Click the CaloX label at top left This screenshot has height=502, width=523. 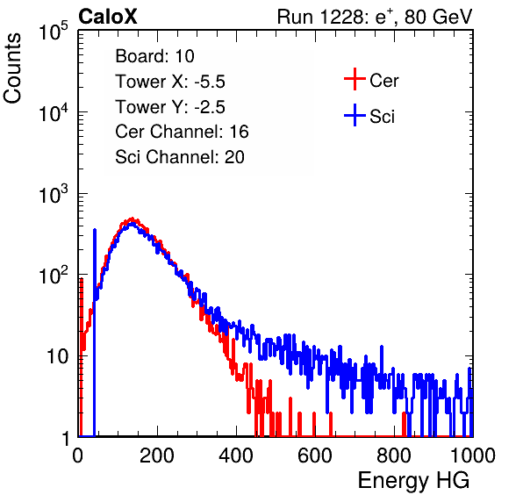[x=108, y=17]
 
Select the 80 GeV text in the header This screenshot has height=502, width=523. [x=438, y=17]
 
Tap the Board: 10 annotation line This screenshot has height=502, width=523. [x=154, y=56]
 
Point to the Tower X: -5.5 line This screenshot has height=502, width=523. [x=170, y=82]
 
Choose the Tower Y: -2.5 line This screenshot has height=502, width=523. [x=170, y=107]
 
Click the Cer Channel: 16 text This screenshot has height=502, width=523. [x=182, y=132]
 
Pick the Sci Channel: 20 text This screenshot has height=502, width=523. [x=180, y=157]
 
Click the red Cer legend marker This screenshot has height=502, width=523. [x=355, y=79]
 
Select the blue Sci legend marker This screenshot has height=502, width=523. [x=355, y=115]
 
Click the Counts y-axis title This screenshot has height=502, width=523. [x=12, y=68]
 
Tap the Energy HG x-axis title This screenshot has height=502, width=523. [x=413, y=481]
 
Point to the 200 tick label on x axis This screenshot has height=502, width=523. [x=157, y=455]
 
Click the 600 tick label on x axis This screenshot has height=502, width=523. [x=315, y=455]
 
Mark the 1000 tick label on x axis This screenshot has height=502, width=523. [x=473, y=455]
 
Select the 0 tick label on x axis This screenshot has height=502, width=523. [x=78, y=455]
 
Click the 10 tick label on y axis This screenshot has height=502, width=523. [x=57, y=356]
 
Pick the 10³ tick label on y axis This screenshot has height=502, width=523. [x=54, y=194]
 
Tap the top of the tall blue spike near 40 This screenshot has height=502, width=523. [x=95, y=230]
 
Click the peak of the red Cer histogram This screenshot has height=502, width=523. [x=133, y=219]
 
